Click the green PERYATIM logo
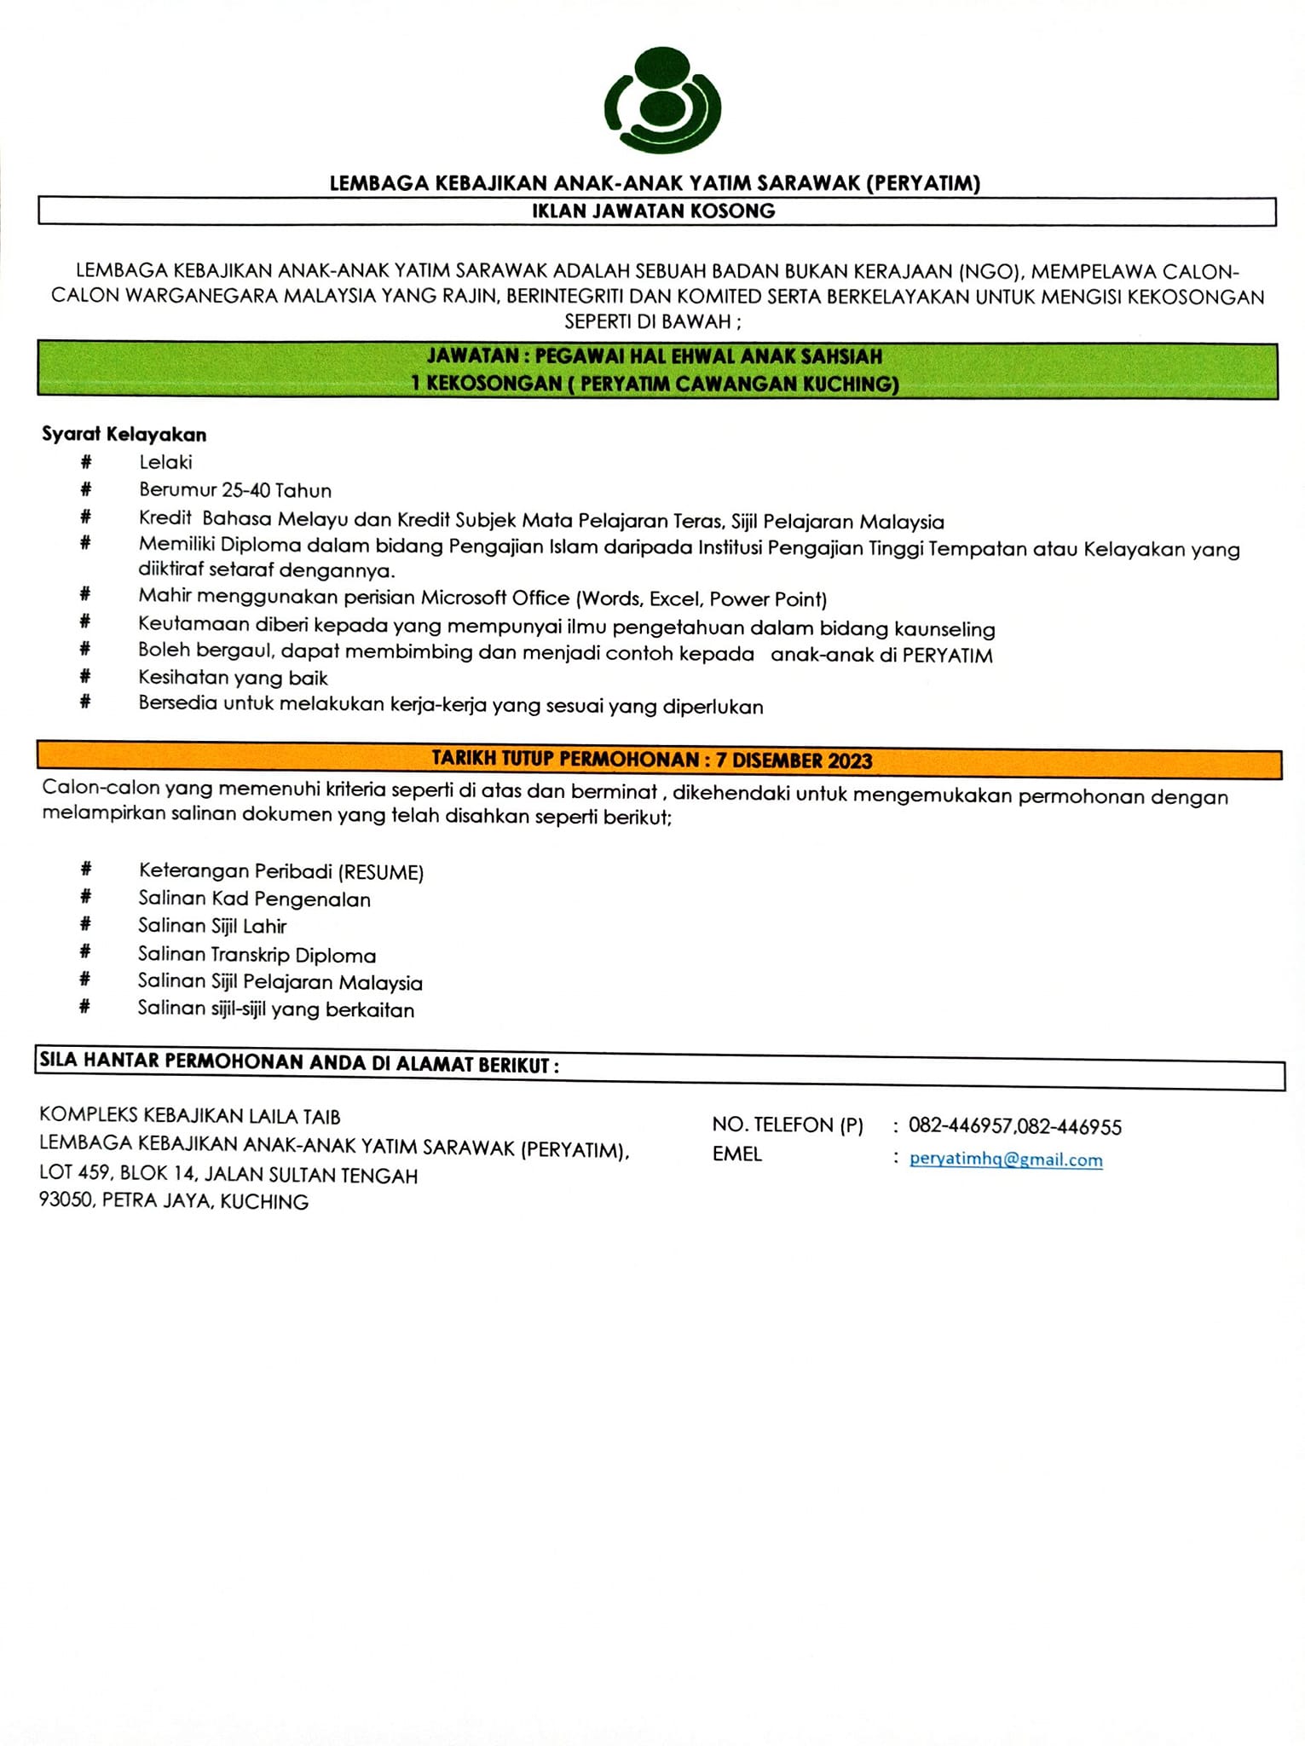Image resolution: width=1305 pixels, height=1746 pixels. click(662, 101)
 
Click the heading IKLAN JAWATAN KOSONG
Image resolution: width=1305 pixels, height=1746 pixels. click(654, 211)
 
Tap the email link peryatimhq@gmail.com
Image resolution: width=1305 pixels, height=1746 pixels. click(1006, 1159)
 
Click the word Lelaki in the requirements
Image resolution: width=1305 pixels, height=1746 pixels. click(166, 463)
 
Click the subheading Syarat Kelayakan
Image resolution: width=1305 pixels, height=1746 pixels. click(124, 435)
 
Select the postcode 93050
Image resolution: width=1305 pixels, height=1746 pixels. click(66, 1201)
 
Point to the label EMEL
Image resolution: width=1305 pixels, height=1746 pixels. click(736, 1154)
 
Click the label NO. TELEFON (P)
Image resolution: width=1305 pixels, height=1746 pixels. click(788, 1125)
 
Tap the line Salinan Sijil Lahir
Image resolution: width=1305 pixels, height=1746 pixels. click(212, 927)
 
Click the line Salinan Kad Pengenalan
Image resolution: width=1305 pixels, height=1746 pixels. click(254, 899)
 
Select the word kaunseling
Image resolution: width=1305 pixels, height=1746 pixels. click(944, 630)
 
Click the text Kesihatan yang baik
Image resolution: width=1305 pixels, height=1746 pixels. click(233, 679)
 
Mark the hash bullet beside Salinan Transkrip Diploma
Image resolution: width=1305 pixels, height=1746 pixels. click(85, 952)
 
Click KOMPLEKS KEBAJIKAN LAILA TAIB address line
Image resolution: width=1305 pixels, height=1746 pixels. click(190, 1116)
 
